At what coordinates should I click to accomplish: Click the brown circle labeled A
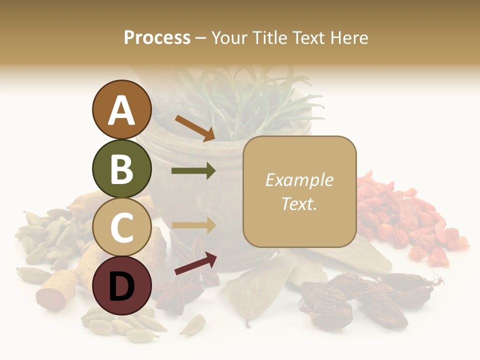[121, 109]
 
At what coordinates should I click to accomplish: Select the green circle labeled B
[121, 168]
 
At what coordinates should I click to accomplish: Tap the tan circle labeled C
[121, 226]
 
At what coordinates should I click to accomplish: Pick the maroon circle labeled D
[121, 285]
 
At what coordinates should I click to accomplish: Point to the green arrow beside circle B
[193, 171]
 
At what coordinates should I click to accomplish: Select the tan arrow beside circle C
[193, 225]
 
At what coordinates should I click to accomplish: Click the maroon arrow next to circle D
[196, 263]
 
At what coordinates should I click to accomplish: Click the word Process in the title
[157, 37]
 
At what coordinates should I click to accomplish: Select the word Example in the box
[299, 180]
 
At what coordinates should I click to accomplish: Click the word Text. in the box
[299, 203]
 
